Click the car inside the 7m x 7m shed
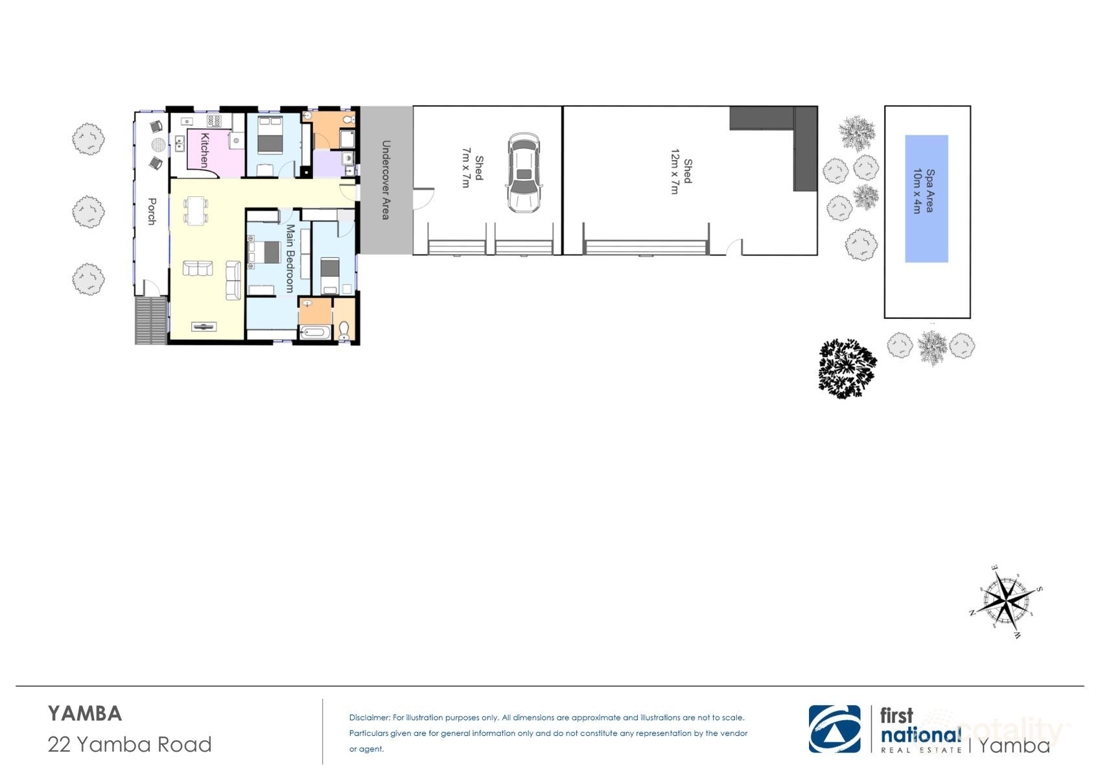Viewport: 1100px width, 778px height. click(x=523, y=173)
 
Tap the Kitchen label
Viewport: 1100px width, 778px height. click(x=204, y=150)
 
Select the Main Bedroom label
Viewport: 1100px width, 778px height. click(x=289, y=259)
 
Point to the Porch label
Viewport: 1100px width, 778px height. click(x=152, y=211)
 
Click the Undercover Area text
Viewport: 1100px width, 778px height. click(x=385, y=180)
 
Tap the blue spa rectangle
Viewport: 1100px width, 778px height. click(x=926, y=198)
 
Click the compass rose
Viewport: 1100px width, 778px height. click(x=1005, y=601)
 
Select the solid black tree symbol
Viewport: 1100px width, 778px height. click(x=847, y=368)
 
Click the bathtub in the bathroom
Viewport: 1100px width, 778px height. click(x=315, y=334)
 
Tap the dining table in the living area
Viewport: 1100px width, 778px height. click(x=196, y=211)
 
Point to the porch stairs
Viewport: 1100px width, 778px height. click(x=151, y=320)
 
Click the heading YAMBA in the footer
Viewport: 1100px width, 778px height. click(x=85, y=714)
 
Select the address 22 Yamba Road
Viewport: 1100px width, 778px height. click(x=130, y=744)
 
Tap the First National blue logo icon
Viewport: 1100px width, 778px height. click(x=834, y=729)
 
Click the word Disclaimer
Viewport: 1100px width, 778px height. click(x=369, y=718)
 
